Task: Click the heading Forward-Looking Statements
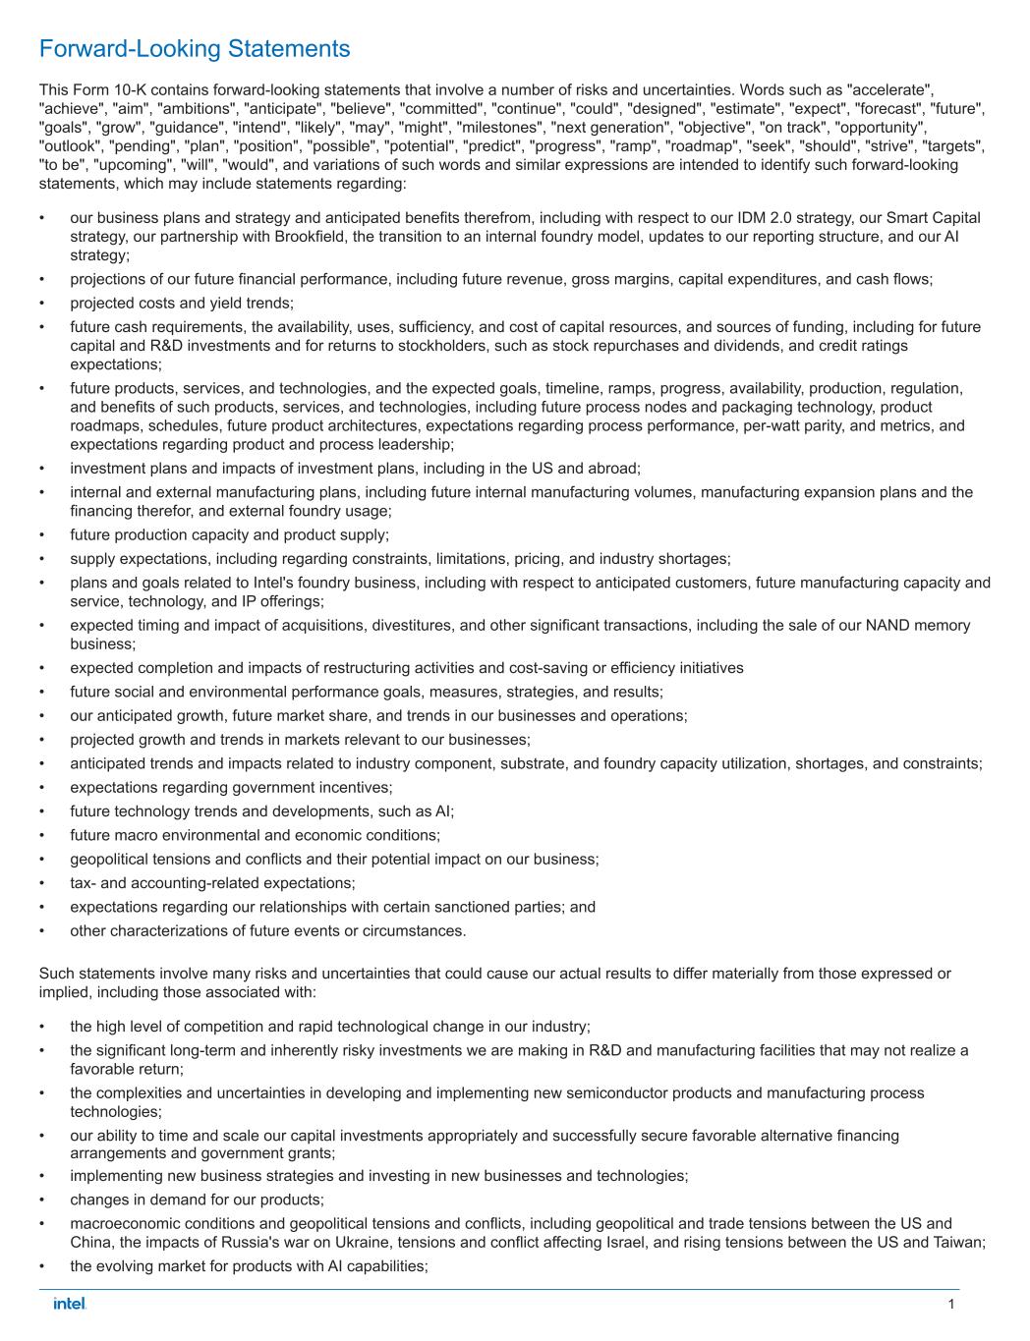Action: tap(195, 48)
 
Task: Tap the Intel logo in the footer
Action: tap(70, 1304)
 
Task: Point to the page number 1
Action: tap(951, 1304)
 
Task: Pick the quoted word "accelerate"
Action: tap(891, 90)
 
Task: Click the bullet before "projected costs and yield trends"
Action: tap(42, 304)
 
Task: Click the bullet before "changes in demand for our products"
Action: tap(42, 1200)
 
